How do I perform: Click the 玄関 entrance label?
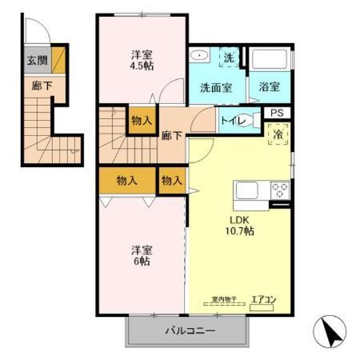[37, 60]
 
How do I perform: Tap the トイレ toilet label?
[233, 121]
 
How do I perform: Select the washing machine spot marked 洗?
[229, 58]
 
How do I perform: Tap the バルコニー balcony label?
[190, 330]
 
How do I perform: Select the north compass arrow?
[330, 329]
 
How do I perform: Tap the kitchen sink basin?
[246, 191]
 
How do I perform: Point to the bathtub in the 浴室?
[270, 61]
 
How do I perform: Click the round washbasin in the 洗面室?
[199, 57]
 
